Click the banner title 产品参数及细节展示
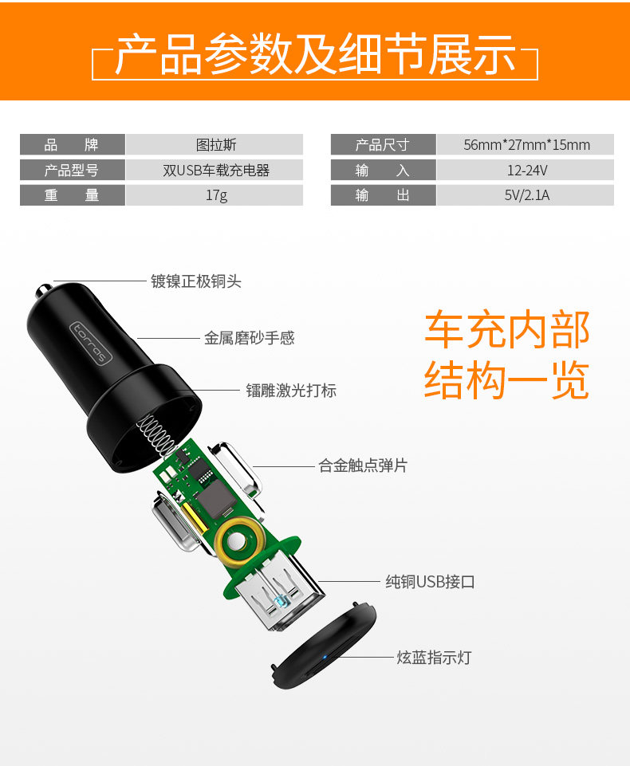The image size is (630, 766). (x=315, y=55)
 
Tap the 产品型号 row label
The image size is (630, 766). (x=72, y=170)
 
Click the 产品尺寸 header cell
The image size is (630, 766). (x=382, y=145)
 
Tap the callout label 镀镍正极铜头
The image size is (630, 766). (x=196, y=281)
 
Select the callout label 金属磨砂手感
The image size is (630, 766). (x=249, y=338)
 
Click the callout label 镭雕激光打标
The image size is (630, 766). (x=291, y=391)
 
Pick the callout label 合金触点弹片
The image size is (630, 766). (x=363, y=465)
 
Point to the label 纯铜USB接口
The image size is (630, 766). (x=430, y=582)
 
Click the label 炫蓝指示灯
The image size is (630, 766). (x=434, y=658)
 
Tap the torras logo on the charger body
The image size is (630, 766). (x=89, y=342)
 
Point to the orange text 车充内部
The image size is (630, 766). (x=506, y=329)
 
